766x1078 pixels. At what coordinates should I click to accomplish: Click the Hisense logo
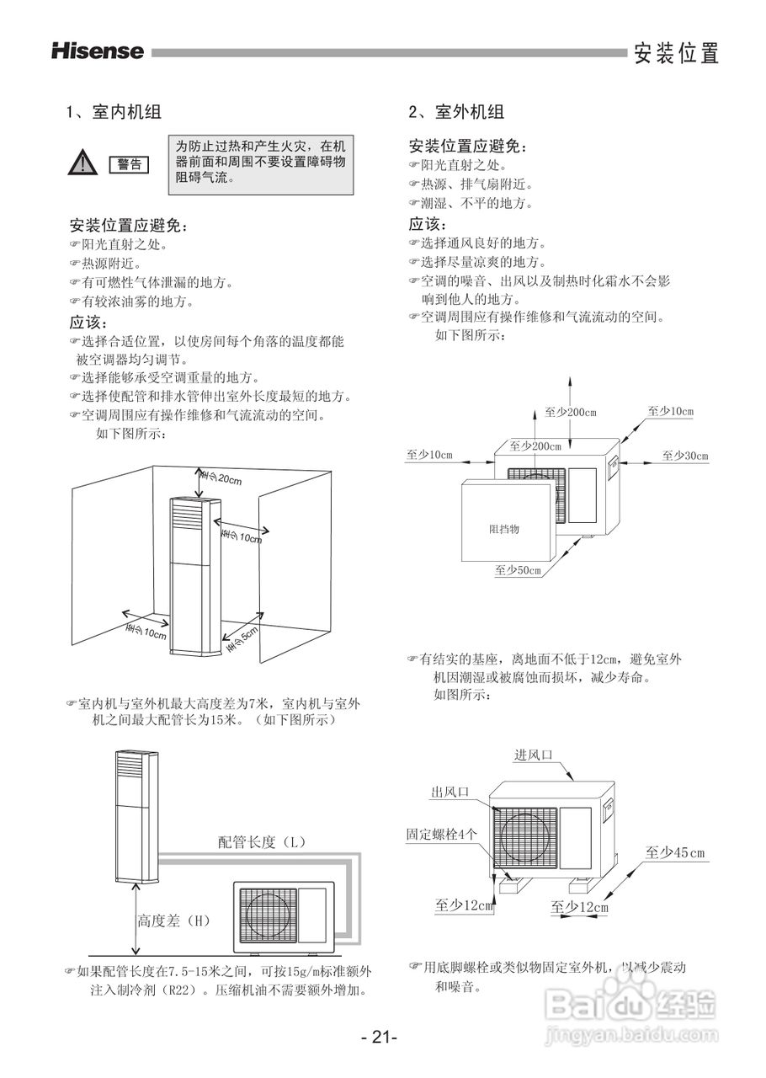pos(98,51)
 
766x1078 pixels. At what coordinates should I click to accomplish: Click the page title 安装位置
pos(677,53)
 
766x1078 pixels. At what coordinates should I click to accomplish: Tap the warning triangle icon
pos(82,162)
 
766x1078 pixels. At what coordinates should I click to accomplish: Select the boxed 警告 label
pos(129,163)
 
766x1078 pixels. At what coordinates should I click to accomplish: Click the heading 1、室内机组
pos(114,111)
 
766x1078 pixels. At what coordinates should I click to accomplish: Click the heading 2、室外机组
pos(456,111)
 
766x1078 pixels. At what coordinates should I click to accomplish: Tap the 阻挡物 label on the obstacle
pos(504,529)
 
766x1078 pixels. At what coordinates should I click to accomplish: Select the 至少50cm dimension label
pos(518,570)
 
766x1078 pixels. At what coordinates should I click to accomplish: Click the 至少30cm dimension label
pos(684,456)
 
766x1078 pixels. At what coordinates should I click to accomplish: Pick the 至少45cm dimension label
pos(675,853)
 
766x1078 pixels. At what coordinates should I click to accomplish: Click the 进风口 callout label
pos(534,755)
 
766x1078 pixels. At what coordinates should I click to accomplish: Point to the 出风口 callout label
pos(449,792)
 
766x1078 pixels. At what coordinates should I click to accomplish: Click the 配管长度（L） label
pos(262,841)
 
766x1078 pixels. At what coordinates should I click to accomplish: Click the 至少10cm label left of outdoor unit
pos(429,456)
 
